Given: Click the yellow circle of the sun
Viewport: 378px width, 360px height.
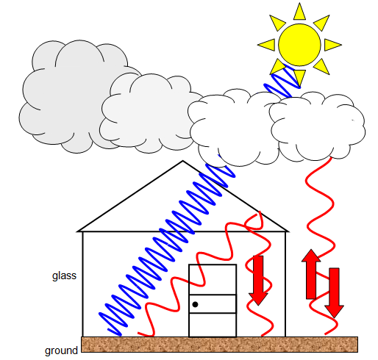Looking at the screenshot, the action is (299, 45).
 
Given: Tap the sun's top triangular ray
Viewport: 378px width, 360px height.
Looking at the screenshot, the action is (299, 12).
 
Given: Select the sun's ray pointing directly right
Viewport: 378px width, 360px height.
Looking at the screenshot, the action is (332, 45).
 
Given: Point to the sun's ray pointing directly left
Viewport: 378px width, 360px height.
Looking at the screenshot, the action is (268, 45).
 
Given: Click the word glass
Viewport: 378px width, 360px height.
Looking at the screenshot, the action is (64, 276).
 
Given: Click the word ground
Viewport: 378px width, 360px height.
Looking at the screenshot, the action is (61, 350).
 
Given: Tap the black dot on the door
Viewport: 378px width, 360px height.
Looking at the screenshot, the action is (195, 304).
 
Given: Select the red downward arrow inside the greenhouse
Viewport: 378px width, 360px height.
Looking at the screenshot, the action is (258, 281).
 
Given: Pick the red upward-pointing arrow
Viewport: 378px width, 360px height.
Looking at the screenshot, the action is (311, 274).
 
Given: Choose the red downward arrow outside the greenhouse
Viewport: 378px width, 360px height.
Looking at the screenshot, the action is (334, 293).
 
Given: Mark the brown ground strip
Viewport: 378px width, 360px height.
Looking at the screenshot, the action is (219, 345).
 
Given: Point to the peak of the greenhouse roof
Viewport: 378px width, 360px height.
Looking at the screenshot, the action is (182, 161).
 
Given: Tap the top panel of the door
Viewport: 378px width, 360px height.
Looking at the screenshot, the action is (213, 279).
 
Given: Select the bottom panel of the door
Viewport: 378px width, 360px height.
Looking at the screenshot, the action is (213, 325).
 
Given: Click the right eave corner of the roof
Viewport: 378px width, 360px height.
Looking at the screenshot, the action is (288, 231).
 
